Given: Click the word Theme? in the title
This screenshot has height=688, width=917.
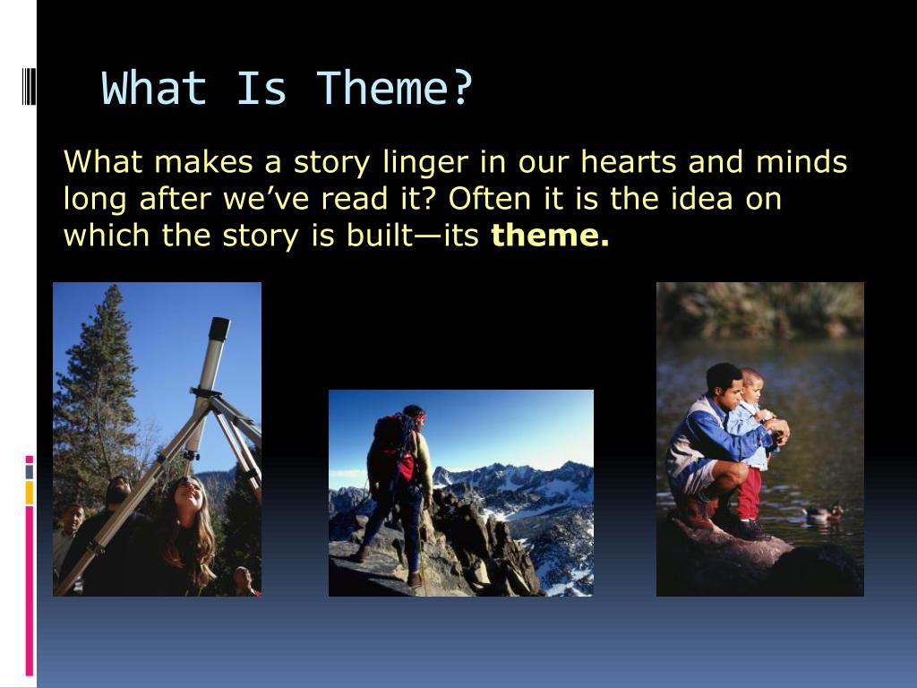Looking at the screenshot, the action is click(394, 88).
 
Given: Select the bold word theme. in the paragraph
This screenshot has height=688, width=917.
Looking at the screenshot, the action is click(550, 236).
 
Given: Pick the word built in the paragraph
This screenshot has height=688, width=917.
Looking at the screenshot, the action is click(380, 235).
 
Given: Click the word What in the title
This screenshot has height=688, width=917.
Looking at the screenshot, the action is click(154, 88).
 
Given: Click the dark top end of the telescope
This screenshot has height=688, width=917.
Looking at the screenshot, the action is click(219, 330).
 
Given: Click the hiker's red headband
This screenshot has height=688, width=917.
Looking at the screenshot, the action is click(418, 417).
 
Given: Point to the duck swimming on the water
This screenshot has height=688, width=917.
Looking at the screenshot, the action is click(824, 513).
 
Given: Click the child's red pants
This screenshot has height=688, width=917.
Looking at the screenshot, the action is click(749, 493).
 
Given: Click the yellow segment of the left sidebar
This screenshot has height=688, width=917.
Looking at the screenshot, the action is click(30, 493).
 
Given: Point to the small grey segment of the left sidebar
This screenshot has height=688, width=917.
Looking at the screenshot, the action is click(30, 471).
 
